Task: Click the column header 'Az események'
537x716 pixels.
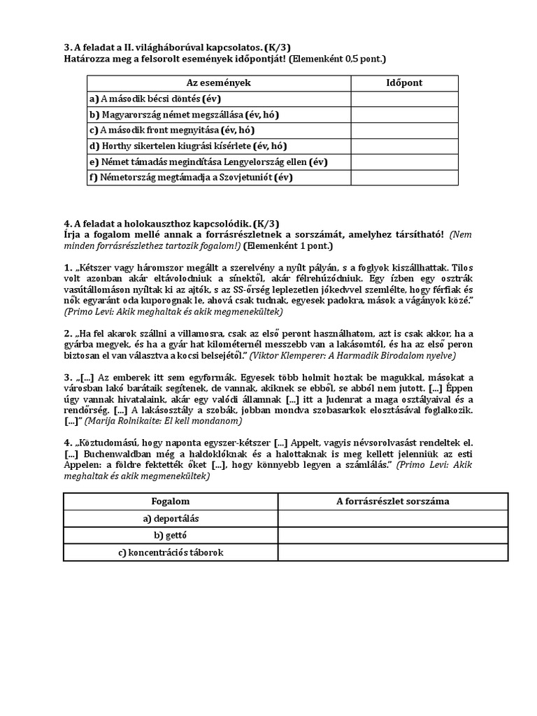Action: tap(218, 83)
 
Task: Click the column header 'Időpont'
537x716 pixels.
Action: tap(404, 83)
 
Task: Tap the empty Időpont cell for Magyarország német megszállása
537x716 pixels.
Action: tap(404, 115)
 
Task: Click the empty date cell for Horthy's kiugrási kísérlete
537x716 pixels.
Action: tap(404, 146)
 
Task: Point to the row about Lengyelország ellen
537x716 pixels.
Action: tap(208, 162)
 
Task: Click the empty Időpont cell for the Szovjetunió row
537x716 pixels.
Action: tap(404, 178)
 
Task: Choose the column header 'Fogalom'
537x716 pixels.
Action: tap(171, 501)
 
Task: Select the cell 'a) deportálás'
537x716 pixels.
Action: tap(171, 518)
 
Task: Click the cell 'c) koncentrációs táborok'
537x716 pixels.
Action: tap(171, 552)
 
